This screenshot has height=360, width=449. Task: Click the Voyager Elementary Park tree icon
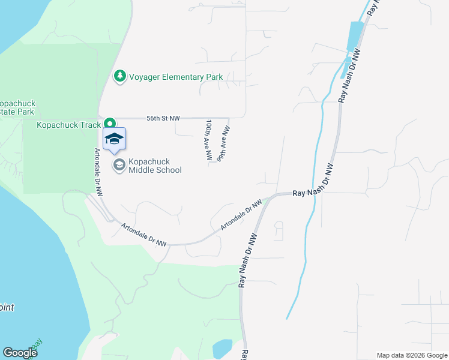coord(120,77)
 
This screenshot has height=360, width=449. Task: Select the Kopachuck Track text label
coord(68,125)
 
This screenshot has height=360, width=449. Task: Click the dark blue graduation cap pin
coord(114,139)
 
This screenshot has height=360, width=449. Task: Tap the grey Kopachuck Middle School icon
coord(119,164)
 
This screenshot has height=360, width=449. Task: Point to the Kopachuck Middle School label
coord(155,166)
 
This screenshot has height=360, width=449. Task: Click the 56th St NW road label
coord(163,119)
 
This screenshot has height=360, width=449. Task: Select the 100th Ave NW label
coord(208,140)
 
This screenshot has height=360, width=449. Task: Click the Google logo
coord(20,353)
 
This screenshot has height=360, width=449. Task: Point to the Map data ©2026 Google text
coord(412,355)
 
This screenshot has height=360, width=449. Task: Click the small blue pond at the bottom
coord(221,348)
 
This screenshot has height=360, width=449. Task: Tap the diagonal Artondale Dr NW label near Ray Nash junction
coord(241,215)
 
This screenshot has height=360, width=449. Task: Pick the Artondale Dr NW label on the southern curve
coord(144,235)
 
